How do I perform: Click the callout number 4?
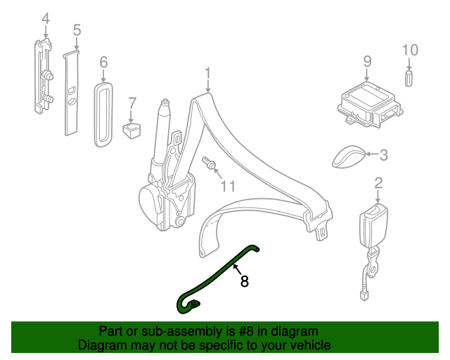(x=46, y=19)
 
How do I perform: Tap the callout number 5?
(x=77, y=30)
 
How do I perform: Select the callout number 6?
(x=103, y=63)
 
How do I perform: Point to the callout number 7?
(x=132, y=103)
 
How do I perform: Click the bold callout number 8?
(x=244, y=281)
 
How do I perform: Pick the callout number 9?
(x=367, y=61)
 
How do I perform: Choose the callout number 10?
(x=410, y=50)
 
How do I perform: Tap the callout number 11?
(x=228, y=186)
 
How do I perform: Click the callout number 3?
(x=384, y=155)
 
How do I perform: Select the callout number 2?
(x=378, y=183)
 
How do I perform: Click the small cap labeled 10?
(x=409, y=78)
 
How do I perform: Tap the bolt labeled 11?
(x=210, y=163)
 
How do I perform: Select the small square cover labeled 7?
(x=131, y=131)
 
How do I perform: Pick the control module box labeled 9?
(x=370, y=105)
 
